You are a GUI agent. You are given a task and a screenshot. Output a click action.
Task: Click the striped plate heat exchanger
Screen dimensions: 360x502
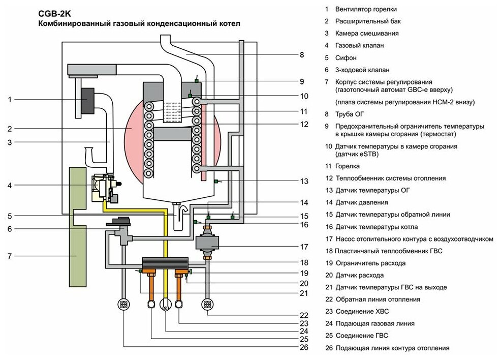(165, 263)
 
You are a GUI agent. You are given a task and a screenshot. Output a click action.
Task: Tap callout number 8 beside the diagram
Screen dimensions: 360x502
(301, 55)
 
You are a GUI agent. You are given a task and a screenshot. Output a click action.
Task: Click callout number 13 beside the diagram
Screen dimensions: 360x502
(304, 181)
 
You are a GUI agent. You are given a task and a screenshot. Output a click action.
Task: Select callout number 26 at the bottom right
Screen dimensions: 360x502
(304, 348)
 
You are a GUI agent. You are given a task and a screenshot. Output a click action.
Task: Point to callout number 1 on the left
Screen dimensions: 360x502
(10, 100)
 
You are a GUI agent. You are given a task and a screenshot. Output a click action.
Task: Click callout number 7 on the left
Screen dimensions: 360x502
(10, 256)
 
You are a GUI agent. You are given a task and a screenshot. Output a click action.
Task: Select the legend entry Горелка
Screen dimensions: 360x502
(347, 166)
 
